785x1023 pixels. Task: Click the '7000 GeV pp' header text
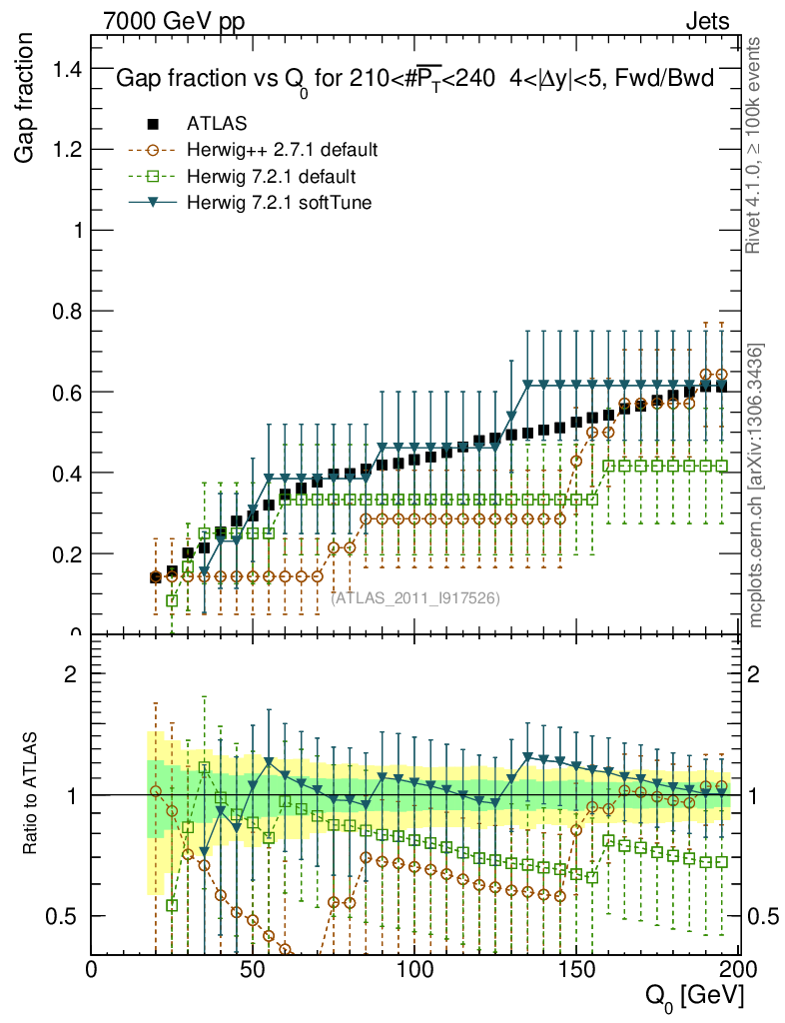[x=174, y=21]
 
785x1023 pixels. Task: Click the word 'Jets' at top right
[x=707, y=21]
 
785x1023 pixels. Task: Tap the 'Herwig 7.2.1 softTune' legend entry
[x=277, y=203]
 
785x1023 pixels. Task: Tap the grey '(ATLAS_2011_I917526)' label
[x=415, y=598]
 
